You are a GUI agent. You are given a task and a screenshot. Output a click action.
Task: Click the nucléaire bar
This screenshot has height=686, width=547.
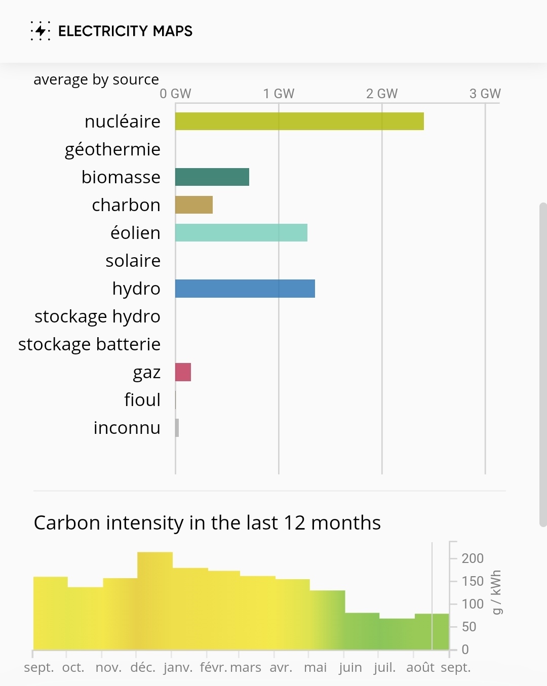pyautogui.click(x=299, y=122)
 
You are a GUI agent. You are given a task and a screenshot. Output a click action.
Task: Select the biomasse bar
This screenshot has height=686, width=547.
pyautogui.click(x=212, y=177)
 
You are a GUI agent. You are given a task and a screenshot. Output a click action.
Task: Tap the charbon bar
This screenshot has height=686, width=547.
pyautogui.click(x=194, y=205)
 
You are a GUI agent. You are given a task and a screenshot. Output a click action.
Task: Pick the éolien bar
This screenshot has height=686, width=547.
pyautogui.click(x=241, y=233)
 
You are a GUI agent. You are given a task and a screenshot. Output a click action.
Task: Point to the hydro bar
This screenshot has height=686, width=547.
pyautogui.click(x=245, y=289)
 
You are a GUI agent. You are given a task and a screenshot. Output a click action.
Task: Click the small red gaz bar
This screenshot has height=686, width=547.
pyautogui.click(x=183, y=372)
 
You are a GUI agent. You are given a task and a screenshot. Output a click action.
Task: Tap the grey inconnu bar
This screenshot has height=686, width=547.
pyautogui.click(x=177, y=428)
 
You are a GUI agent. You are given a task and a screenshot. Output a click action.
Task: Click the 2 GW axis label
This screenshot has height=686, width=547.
pyautogui.click(x=382, y=94)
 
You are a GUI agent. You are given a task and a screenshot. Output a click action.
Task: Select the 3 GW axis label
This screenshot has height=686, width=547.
pyautogui.click(x=485, y=94)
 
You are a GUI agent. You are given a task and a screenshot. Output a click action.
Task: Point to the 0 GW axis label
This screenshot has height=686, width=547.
pyautogui.click(x=175, y=94)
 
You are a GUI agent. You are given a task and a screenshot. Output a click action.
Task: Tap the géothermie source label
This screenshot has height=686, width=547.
pyautogui.click(x=112, y=149)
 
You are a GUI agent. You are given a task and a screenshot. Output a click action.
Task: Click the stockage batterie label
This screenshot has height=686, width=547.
pyautogui.click(x=89, y=344)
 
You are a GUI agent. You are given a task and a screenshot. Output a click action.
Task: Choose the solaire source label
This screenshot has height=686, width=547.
pyautogui.click(x=133, y=261)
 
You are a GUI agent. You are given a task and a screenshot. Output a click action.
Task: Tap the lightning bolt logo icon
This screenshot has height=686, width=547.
pyautogui.click(x=41, y=31)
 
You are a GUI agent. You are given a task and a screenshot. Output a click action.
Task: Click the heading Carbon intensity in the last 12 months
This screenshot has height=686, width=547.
pyautogui.click(x=207, y=522)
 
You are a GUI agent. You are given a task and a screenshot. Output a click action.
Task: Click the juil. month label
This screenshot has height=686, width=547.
pyautogui.click(x=384, y=667)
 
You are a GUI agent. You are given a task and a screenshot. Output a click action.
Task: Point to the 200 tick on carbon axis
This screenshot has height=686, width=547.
pyautogui.click(x=473, y=558)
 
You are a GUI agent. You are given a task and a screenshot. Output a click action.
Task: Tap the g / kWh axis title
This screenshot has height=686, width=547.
pyautogui.click(x=496, y=592)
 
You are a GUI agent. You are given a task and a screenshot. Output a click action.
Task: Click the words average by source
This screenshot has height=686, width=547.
pyautogui.click(x=96, y=79)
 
